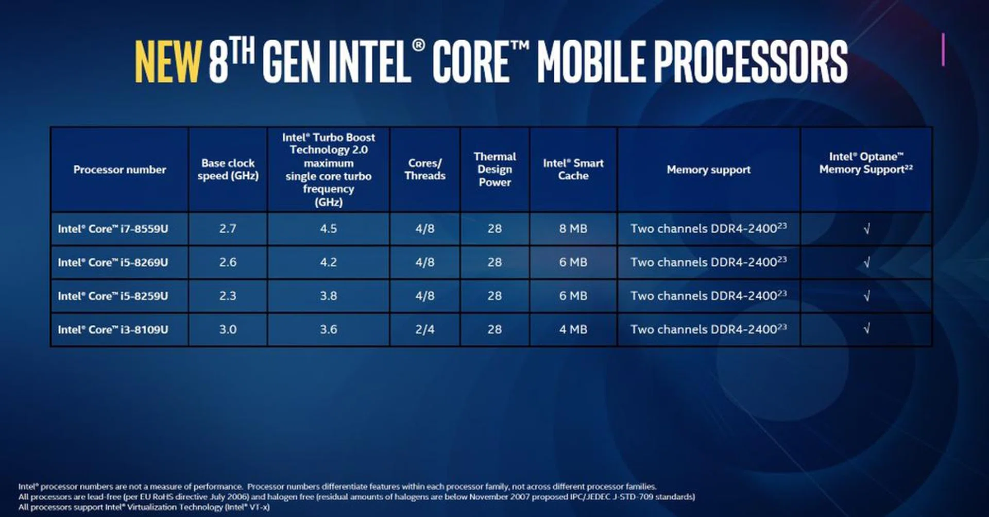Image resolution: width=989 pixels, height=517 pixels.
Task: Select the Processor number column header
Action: (120, 170)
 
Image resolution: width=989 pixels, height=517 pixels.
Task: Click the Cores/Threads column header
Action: (425, 169)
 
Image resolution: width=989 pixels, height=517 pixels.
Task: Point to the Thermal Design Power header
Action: (494, 169)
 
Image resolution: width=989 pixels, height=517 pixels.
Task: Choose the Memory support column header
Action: (708, 170)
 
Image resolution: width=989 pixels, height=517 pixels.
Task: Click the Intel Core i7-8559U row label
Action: (113, 229)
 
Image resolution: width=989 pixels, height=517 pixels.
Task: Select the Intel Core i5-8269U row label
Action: (113, 262)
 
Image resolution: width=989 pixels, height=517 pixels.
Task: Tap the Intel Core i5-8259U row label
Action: (113, 296)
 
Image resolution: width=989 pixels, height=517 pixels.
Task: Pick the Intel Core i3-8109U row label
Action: (113, 329)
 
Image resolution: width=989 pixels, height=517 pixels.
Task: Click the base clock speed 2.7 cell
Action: (228, 229)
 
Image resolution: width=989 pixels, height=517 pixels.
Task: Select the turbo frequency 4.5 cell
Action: (328, 229)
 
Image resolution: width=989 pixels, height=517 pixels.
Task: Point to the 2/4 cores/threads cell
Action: (425, 329)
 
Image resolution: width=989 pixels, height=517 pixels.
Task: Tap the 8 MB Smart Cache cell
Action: (573, 229)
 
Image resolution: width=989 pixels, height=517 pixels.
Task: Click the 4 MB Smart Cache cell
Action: (573, 329)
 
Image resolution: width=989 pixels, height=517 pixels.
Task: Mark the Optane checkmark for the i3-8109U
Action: (866, 329)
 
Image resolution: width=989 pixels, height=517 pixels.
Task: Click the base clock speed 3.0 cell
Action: (228, 329)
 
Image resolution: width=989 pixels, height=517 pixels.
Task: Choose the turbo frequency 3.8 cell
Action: (328, 296)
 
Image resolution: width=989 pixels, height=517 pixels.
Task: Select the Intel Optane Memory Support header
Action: (866, 163)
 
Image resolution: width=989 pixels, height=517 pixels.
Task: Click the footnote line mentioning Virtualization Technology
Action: (144, 507)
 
